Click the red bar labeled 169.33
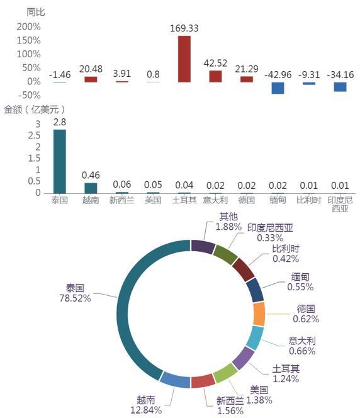[184, 59]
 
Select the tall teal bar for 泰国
[60, 161]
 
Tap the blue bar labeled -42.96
[278, 88]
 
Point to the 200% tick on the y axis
[28, 26]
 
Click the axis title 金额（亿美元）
[35, 110]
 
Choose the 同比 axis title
[36, 12]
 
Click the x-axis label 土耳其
[184, 200]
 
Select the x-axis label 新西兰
[121, 200]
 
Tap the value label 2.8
[60, 122]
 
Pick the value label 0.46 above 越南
[91, 175]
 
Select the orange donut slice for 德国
[259, 314]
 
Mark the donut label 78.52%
[75, 298]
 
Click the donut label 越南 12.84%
[146, 405]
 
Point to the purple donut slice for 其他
[203, 246]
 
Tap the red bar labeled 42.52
[215, 76]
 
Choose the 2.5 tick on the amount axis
[35, 135]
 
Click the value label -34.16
[340, 75]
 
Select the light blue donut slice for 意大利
[255, 338]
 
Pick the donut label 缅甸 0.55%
[300, 282]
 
